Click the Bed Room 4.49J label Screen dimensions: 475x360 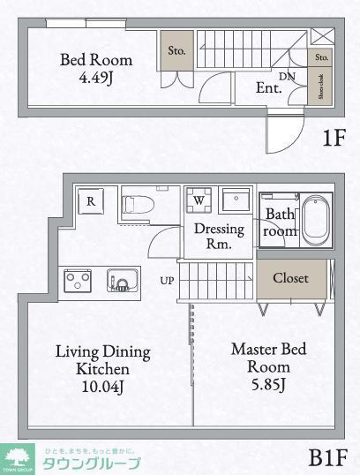point(96,69)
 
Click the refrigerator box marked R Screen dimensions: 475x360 point(91,201)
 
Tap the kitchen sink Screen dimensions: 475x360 point(118,282)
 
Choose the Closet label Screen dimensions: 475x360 point(290,278)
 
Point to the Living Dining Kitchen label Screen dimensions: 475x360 point(103,368)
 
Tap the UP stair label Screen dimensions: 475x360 point(167,282)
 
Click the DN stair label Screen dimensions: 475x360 point(288,77)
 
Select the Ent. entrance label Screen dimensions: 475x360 point(268,88)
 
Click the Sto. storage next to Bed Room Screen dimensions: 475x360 point(176,51)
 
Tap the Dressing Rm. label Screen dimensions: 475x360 point(213,235)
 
